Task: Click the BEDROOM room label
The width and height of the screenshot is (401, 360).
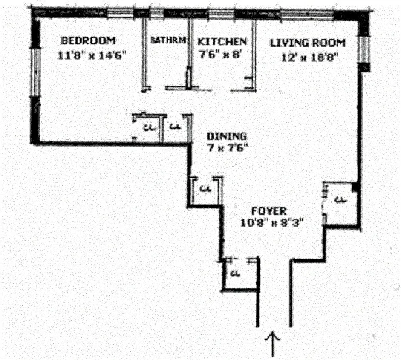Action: tap(88, 41)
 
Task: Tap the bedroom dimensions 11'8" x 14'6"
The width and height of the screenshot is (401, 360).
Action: tap(91, 55)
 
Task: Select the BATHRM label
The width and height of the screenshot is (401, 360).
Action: tap(168, 41)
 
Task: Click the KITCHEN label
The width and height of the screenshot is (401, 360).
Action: tap(222, 42)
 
